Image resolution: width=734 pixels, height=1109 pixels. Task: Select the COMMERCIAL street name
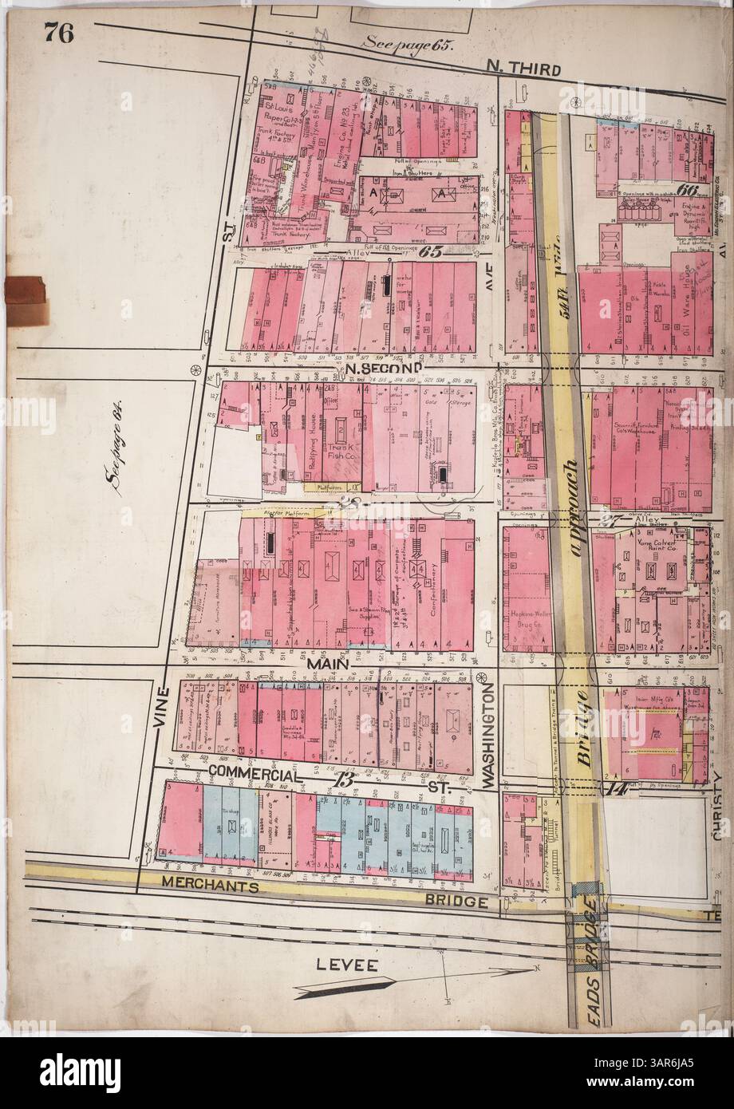(x=256, y=774)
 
